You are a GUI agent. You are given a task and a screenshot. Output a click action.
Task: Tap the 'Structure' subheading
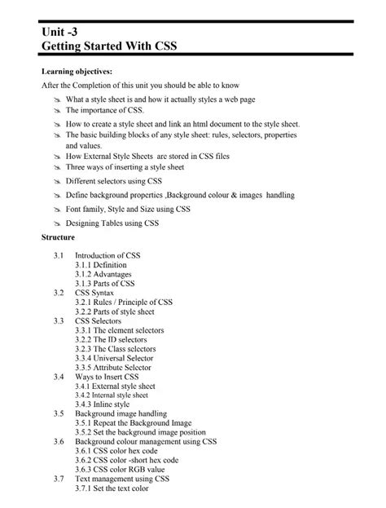click(x=58, y=236)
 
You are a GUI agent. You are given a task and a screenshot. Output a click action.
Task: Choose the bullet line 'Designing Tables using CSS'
click(x=112, y=223)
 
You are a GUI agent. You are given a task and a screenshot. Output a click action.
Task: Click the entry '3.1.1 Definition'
click(x=102, y=265)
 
